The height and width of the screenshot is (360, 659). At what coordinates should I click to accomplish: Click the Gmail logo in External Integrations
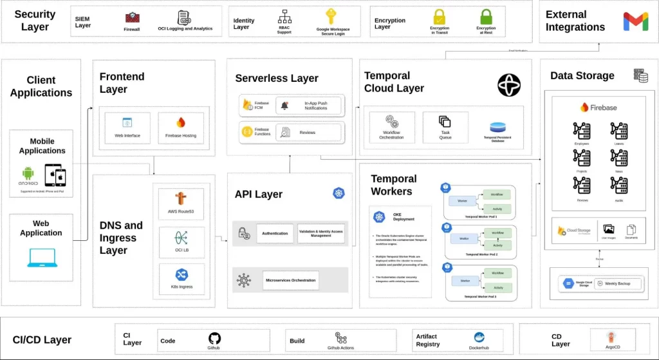pos(636,21)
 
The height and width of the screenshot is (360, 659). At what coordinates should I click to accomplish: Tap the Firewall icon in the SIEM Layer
pos(132,18)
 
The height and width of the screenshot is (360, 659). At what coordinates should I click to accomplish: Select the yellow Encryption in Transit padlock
pos(440,17)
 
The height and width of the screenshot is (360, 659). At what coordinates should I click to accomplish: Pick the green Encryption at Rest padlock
pos(487,17)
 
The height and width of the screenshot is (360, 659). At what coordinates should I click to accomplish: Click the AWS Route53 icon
pos(181,199)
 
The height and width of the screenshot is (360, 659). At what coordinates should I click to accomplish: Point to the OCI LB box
pos(181,242)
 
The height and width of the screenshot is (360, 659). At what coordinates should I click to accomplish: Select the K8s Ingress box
pos(181,279)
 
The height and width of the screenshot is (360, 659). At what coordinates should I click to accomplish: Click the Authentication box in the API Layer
pos(275,233)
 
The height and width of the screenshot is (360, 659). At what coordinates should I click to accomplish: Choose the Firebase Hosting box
pos(181,128)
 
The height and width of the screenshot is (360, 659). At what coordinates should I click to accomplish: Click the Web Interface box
pos(127,128)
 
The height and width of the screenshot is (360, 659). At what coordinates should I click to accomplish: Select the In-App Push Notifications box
pos(310,106)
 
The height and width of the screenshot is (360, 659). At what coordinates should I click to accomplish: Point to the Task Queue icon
pos(445,122)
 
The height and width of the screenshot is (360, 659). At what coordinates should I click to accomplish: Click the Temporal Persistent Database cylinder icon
pos(498,127)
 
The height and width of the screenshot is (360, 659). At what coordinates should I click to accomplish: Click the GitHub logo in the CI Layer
pos(214,338)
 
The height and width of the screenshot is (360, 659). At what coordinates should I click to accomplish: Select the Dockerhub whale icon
pos(479,337)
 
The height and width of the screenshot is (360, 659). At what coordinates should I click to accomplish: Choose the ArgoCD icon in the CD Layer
pos(612,337)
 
